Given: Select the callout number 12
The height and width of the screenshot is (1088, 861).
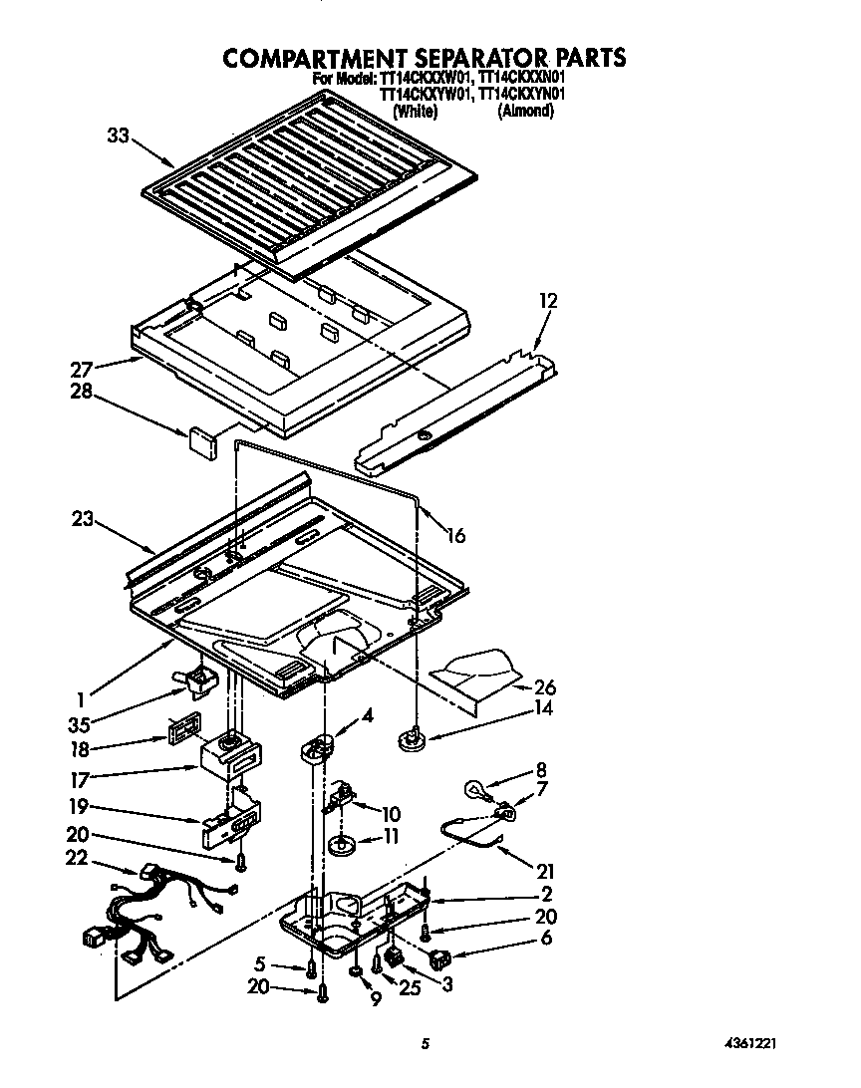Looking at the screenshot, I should pos(548,300).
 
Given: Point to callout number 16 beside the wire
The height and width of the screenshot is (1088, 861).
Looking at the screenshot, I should pos(454,536).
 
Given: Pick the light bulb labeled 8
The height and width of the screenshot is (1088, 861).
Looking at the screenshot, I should pos(480,791).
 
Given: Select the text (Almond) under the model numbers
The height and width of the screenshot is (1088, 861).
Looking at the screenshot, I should pos(525,112).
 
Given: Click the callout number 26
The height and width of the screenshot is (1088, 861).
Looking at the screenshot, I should pos(545,687).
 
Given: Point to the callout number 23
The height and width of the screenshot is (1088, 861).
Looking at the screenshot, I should pos(83,518).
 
